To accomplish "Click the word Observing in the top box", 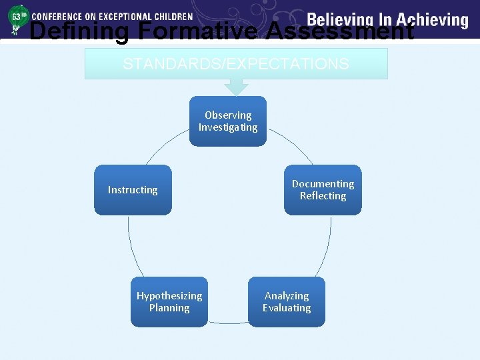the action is coord(228,115).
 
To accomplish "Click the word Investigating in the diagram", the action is coord(228,127).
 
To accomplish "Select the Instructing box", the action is coord(133,190).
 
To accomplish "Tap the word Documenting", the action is coord(323,184).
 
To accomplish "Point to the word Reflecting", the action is coord(323,196).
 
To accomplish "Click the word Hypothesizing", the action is coord(169,296).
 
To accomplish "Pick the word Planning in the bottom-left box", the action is coord(169,308).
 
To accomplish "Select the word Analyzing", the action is coord(287,296).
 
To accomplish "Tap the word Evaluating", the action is coord(287,308).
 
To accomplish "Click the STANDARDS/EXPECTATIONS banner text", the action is coord(235,64).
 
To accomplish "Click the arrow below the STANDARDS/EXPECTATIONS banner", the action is coord(236,87).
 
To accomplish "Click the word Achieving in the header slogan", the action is coord(432,19).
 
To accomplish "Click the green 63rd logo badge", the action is coord(16,19).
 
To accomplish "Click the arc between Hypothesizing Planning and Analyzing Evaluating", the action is coord(228,323).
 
